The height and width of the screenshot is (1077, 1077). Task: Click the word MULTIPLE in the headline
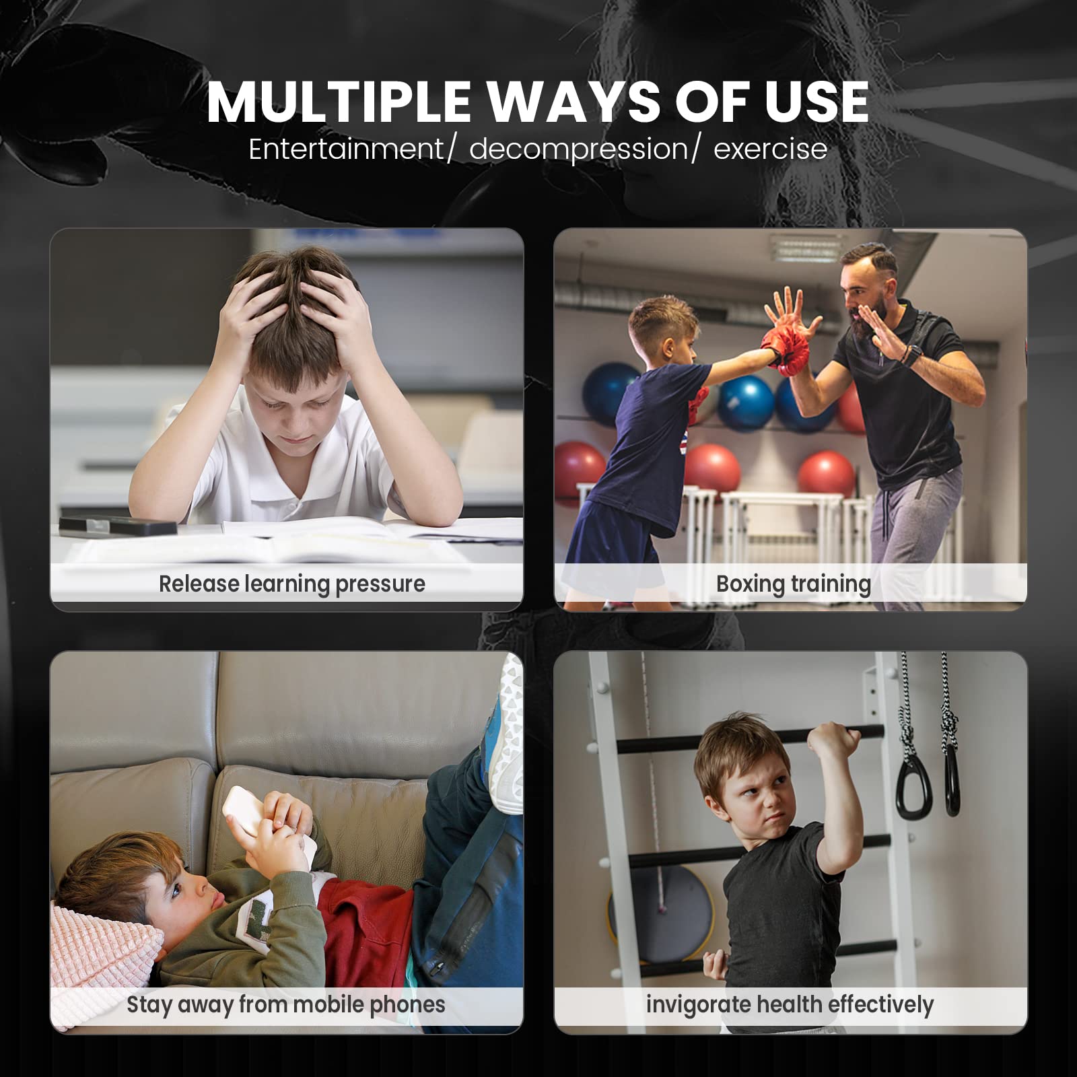pos(339,102)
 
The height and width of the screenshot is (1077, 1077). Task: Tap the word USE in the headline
pos(816,102)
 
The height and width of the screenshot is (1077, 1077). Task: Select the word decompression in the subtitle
pos(579,149)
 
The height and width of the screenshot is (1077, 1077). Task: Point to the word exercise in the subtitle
pos(770,149)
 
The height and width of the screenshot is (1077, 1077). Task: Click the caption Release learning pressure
pos(292,584)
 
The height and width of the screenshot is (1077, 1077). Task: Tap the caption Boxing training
pos(794,584)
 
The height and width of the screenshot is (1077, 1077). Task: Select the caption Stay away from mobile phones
pos(286,1004)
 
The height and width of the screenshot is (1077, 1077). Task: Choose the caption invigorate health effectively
pos(790,1004)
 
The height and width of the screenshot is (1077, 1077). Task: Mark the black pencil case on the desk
pos(118,525)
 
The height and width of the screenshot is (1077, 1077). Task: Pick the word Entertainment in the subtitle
pos(346,149)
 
